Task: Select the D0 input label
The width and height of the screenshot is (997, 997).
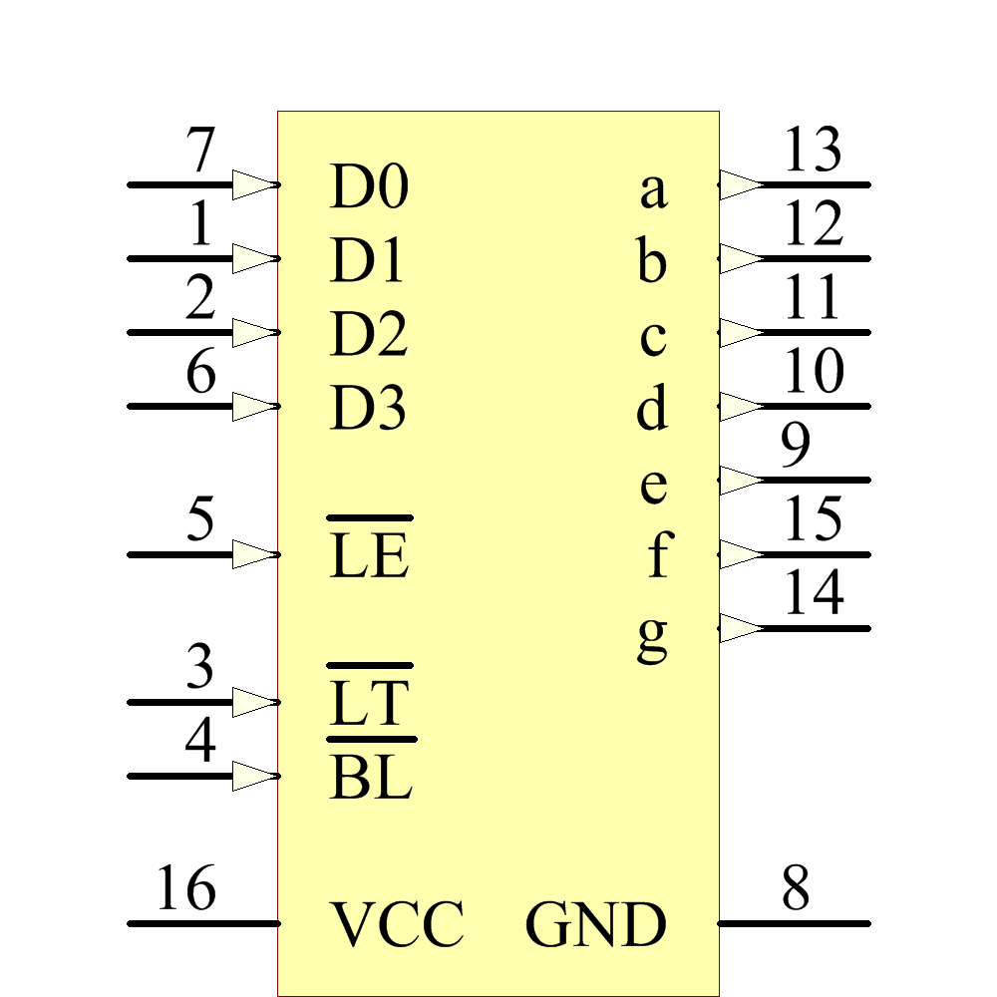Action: click(x=368, y=187)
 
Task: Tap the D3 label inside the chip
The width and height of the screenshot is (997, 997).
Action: click(x=368, y=409)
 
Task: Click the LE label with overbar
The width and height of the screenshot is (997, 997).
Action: click(x=369, y=556)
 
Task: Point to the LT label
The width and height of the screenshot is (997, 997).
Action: click(x=369, y=703)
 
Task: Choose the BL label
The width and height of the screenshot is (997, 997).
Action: click(x=370, y=778)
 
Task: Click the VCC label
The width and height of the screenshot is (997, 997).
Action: click(x=397, y=925)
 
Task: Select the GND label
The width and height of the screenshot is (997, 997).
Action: click(x=595, y=925)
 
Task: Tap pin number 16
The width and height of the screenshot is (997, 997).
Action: click(x=185, y=888)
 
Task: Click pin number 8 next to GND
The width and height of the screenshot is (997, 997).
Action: click(x=795, y=888)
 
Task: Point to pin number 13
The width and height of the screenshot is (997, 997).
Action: click(x=813, y=153)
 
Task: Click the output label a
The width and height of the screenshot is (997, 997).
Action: click(x=652, y=189)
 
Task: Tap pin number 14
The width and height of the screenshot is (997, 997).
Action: click(x=813, y=595)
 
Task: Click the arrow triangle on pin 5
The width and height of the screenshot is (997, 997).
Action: click(x=252, y=554)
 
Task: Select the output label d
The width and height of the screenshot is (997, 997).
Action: click(x=652, y=409)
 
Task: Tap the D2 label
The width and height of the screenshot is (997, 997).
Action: click(x=368, y=335)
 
